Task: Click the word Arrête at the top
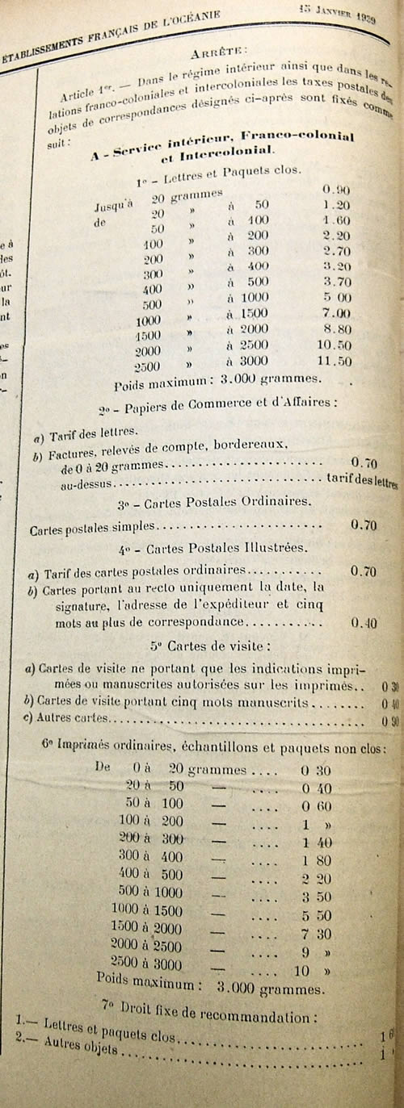[217, 54]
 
